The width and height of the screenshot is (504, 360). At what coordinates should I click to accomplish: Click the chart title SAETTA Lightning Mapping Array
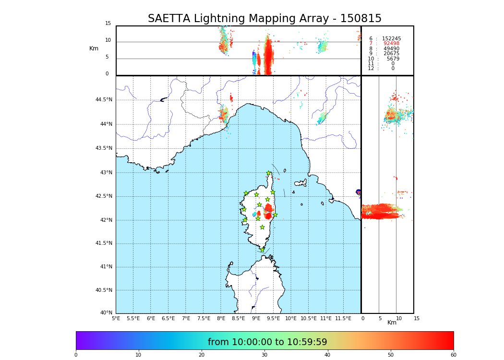[x=264, y=19]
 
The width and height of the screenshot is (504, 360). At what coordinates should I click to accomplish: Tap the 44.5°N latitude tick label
[x=104, y=100]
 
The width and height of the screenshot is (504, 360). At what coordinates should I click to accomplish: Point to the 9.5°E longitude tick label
[x=274, y=318]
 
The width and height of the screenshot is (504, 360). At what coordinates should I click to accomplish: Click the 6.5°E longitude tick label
[x=168, y=318]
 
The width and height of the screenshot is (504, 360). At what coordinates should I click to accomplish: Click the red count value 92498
[x=391, y=44]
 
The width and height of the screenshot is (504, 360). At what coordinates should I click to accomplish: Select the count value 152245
[x=391, y=39]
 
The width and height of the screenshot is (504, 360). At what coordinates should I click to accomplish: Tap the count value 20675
[x=391, y=54]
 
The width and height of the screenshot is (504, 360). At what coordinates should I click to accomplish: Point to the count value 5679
[x=393, y=59]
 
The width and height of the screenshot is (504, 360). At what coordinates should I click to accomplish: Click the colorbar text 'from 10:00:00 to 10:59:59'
[x=267, y=342]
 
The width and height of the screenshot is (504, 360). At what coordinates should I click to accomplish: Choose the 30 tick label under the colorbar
[x=264, y=355]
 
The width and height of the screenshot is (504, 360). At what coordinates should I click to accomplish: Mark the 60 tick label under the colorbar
[x=453, y=355]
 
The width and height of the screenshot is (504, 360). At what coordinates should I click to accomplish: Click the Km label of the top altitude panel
[x=94, y=48]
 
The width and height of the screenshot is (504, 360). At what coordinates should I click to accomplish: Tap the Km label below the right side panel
[x=392, y=323]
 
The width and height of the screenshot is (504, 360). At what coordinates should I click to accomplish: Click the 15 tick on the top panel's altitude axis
[x=108, y=24]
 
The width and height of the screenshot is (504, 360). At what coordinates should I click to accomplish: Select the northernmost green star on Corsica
[x=269, y=173]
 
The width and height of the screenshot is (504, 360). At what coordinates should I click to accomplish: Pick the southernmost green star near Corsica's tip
[x=263, y=250]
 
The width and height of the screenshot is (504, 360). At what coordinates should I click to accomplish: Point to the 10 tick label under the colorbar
[x=138, y=355]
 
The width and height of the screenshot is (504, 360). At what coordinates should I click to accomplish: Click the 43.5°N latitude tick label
[x=104, y=148]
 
